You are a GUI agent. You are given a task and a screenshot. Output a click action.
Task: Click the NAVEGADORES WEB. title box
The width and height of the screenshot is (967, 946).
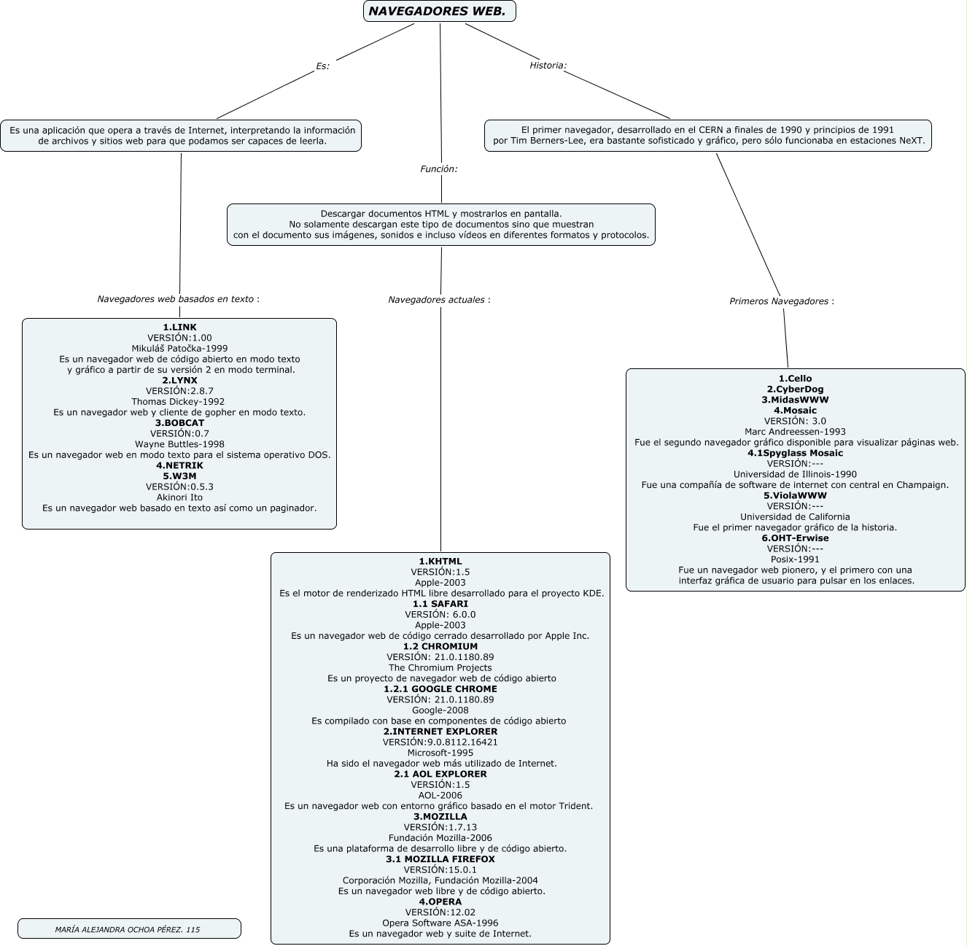click(x=439, y=11)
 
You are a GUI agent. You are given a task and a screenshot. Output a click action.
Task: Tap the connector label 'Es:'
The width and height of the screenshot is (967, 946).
click(x=322, y=66)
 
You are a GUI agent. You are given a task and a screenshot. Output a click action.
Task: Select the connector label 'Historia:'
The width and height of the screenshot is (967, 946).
click(x=548, y=66)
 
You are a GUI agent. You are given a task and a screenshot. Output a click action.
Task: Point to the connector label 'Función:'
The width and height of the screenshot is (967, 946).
click(x=438, y=169)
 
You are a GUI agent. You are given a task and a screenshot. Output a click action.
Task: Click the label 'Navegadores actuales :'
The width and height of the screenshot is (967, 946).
click(x=439, y=300)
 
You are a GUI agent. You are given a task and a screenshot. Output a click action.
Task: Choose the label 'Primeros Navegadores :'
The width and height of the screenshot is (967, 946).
click(x=782, y=301)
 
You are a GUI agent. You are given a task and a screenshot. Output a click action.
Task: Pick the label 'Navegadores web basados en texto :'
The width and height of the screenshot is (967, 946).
click(x=178, y=299)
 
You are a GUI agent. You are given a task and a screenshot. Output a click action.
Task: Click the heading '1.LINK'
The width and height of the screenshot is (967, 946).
click(x=179, y=327)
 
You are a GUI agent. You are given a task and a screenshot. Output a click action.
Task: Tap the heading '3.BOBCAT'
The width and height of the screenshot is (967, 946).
click(x=179, y=423)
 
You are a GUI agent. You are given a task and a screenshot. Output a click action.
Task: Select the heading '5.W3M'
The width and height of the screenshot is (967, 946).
click(x=179, y=476)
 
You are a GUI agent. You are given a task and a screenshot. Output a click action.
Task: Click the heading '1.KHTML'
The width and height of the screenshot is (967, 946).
click(x=440, y=562)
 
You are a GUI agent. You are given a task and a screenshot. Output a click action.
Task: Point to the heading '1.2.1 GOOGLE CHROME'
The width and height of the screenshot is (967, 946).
click(x=440, y=689)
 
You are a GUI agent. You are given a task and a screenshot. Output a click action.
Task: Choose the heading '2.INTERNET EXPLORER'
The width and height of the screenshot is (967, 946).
click(x=440, y=732)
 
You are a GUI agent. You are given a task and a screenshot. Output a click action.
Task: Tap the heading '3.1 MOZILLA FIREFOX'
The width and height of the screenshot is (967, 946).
click(x=440, y=859)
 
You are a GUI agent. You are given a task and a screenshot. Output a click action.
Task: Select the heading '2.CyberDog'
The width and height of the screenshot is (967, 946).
click(x=795, y=389)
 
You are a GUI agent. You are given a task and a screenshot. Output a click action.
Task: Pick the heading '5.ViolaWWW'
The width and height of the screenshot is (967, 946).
click(x=795, y=496)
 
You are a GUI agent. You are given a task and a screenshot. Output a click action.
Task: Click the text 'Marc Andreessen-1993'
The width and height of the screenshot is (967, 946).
click(x=795, y=432)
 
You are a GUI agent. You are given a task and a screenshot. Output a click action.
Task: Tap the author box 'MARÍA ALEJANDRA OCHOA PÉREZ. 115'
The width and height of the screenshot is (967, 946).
click(x=128, y=929)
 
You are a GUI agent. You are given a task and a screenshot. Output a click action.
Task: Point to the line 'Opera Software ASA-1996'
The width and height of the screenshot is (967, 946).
click(x=440, y=923)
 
